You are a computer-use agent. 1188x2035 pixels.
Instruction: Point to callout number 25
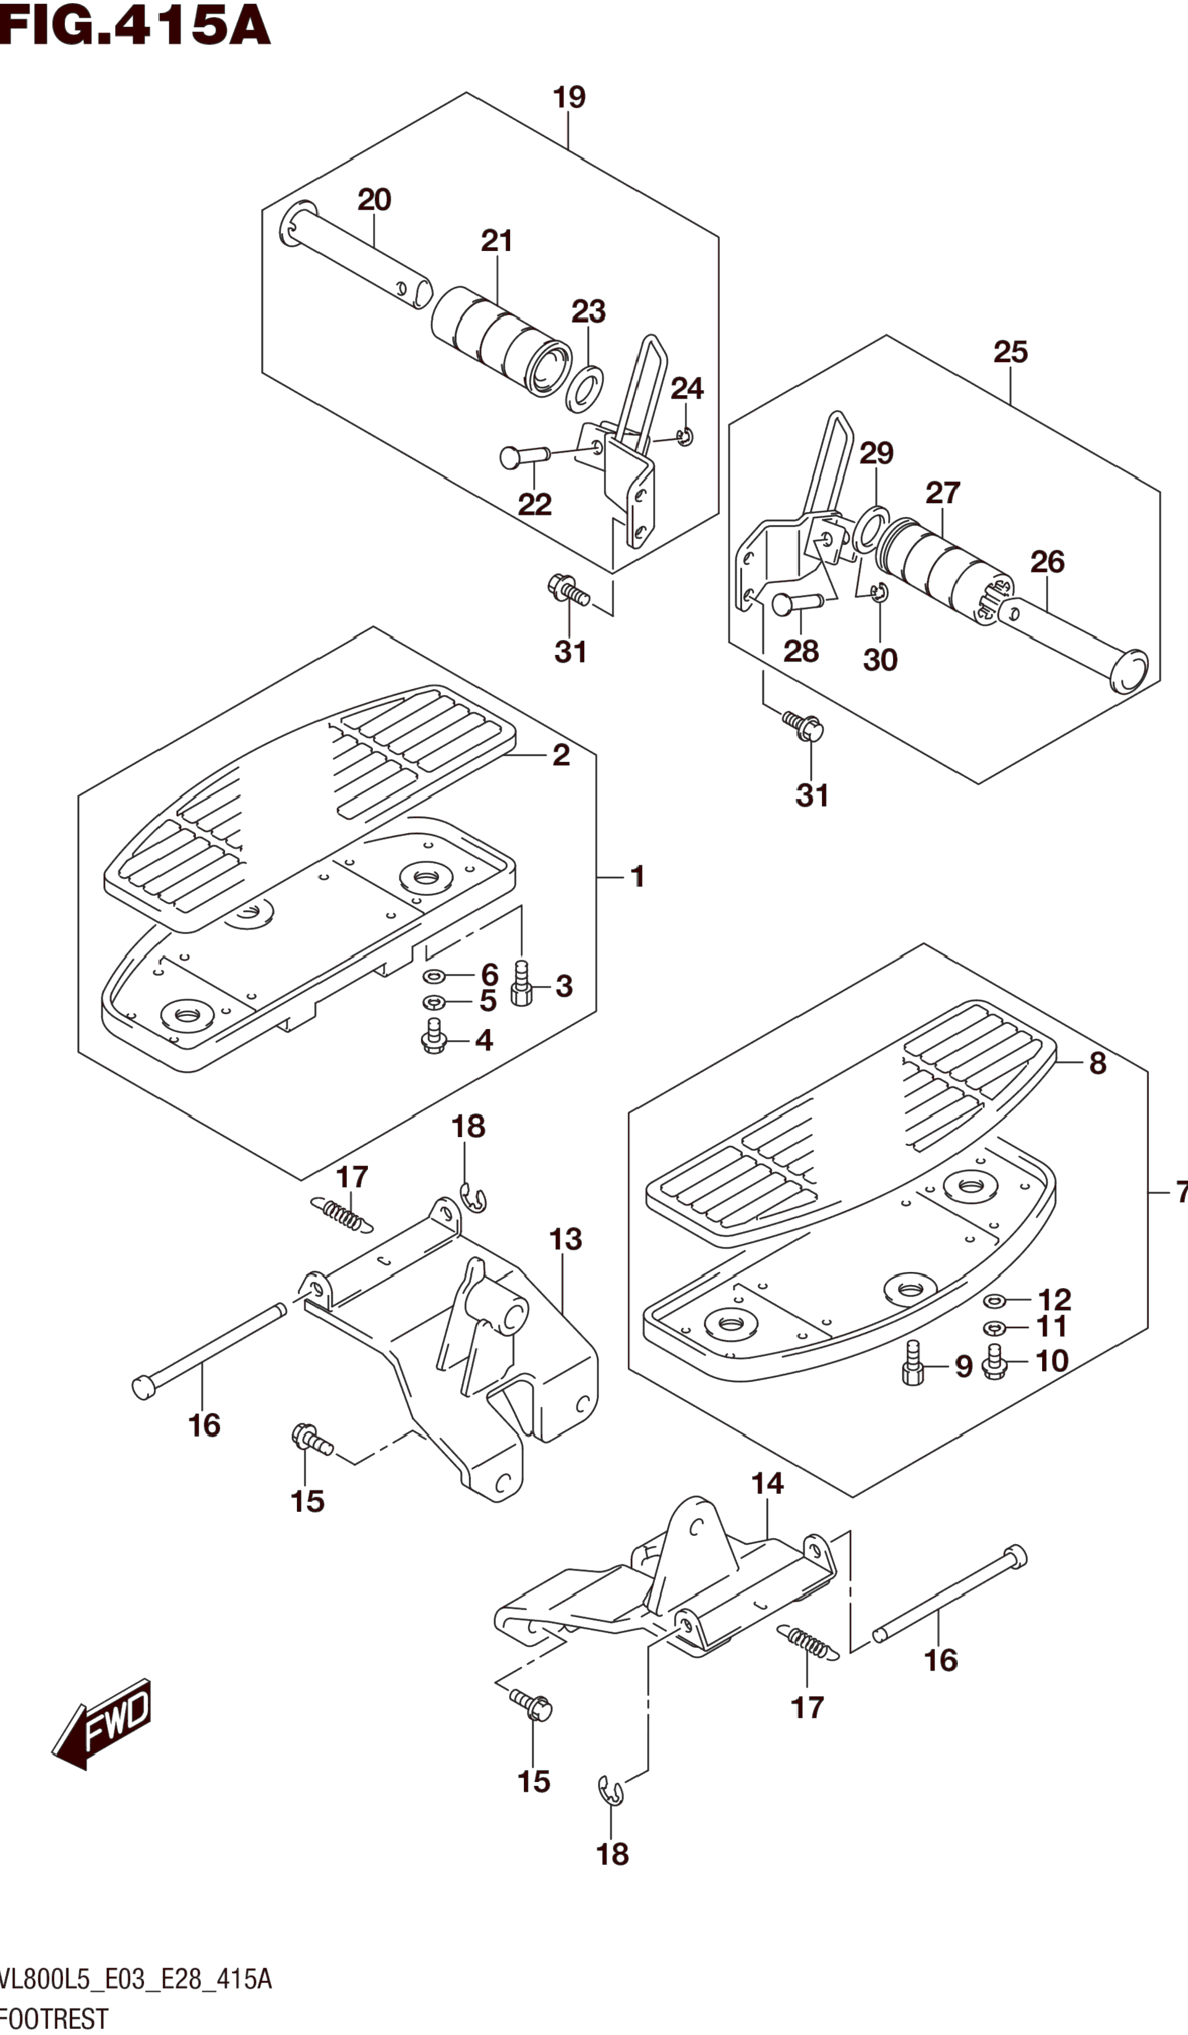(x=1011, y=352)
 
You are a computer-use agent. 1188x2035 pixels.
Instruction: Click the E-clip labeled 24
(x=685, y=437)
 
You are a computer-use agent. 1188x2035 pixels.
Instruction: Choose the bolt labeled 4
(x=435, y=1037)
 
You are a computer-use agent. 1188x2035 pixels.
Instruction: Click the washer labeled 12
(x=994, y=1300)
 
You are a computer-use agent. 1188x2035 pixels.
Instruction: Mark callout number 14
(x=767, y=1483)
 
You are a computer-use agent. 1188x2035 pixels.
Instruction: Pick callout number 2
(x=562, y=756)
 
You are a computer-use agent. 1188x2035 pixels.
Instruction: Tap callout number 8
(x=1098, y=1064)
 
